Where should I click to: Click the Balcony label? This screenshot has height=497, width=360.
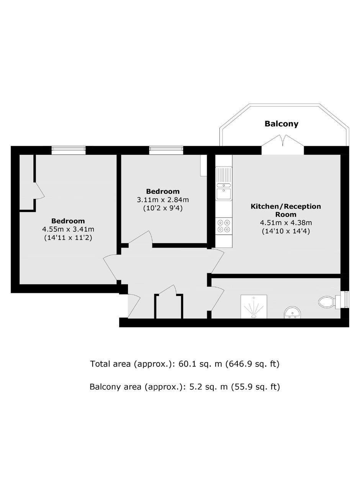[x=281, y=124]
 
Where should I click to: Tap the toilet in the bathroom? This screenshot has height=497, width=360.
[x=327, y=302]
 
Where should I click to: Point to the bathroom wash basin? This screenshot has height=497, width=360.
[x=292, y=312]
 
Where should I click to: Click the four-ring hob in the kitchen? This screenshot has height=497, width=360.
[x=224, y=226]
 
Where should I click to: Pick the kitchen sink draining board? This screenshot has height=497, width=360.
[x=224, y=175]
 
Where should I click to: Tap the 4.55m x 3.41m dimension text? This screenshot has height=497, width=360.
[x=68, y=229]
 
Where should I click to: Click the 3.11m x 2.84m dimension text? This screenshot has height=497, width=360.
[x=163, y=200]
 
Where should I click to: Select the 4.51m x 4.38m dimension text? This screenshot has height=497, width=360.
[x=286, y=222]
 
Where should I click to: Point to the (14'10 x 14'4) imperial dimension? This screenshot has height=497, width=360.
[x=286, y=231]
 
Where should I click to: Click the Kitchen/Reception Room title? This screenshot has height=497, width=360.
[x=286, y=210]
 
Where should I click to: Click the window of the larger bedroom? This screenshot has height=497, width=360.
[x=69, y=150]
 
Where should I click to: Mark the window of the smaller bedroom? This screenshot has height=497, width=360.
[x=166, y=150]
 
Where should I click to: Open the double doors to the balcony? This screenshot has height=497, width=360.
[x=283, y=144]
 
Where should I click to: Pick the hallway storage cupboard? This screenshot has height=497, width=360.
[x=169, y=307]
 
